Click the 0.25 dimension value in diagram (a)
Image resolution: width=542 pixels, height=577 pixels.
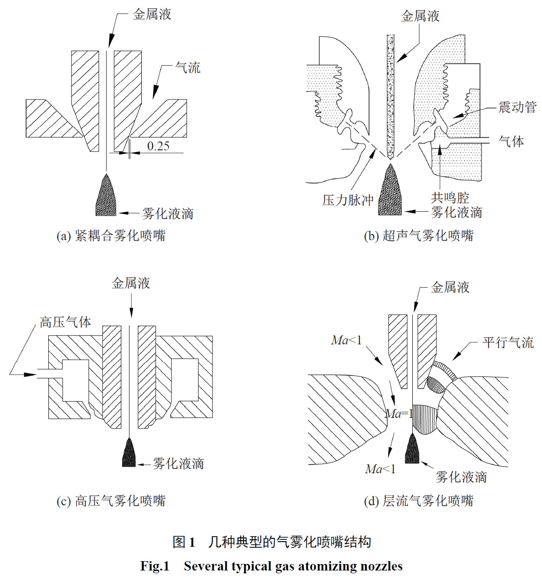tap(158, 146)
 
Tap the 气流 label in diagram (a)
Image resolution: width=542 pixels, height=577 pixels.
tap(188, 68)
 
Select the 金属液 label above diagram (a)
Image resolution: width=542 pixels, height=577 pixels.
tap(152, 14)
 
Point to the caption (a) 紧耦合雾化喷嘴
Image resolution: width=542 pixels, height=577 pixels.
tap(111, 235)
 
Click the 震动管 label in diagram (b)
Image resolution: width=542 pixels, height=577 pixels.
tap(517, 107)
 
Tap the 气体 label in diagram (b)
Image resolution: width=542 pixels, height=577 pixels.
tap(511, 141)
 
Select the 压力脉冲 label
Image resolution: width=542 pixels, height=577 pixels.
tap(348, 200)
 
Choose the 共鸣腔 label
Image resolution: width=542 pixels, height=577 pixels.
tap(449, 198)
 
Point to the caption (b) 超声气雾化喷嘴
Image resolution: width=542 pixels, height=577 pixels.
tap(418, 235)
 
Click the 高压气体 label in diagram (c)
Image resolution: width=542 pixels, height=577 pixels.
tap(65, 322)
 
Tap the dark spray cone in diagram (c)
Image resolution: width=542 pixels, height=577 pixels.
tap(129, 454)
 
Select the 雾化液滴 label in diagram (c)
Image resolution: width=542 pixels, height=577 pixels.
tap(178, 463)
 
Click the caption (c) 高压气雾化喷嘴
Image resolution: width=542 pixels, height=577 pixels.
tap(111, 501)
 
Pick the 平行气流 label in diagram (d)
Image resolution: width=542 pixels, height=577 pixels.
tap(508, 343)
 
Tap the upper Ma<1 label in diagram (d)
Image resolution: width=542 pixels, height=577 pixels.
tap(346, 341)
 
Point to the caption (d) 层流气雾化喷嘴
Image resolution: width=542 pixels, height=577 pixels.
tap(418, 501)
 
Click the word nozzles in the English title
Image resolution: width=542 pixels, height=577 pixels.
tap(381, 566)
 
